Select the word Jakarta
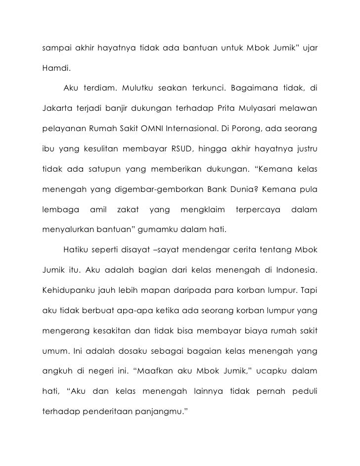56,107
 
